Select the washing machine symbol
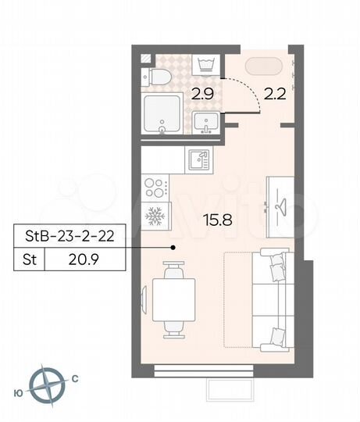point(206,64)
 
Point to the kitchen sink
point(199,159)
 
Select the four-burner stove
point(155,188)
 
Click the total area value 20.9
point(83,259)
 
